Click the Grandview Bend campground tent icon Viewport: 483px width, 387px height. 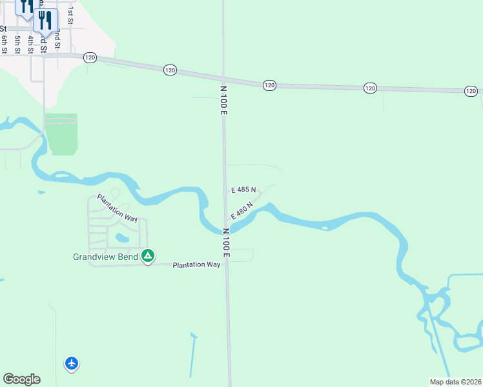[x=148, y=256]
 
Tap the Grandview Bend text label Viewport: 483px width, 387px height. [x=105, y=257]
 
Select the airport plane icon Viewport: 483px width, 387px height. [x=72, y=364]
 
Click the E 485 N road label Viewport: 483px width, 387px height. [x=243, y=190]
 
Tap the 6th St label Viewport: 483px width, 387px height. [x=4, y=44]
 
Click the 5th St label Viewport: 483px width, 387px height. [x=17, y=44]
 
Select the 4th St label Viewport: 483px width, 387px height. [x=30, y=44]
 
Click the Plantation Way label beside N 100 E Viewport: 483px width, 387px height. [x=196, y=264]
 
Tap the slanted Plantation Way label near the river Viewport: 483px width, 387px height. [x=118, y=208]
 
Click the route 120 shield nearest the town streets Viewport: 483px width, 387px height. [x=90, y=57]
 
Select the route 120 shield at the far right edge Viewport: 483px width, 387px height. [x=471, y=92]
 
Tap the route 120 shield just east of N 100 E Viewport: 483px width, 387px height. [x=269, y=85]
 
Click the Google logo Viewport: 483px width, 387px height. [x=21, y=379]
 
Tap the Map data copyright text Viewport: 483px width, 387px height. [x=456, y=382]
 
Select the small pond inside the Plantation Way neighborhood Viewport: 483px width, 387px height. [x=121, y=238]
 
